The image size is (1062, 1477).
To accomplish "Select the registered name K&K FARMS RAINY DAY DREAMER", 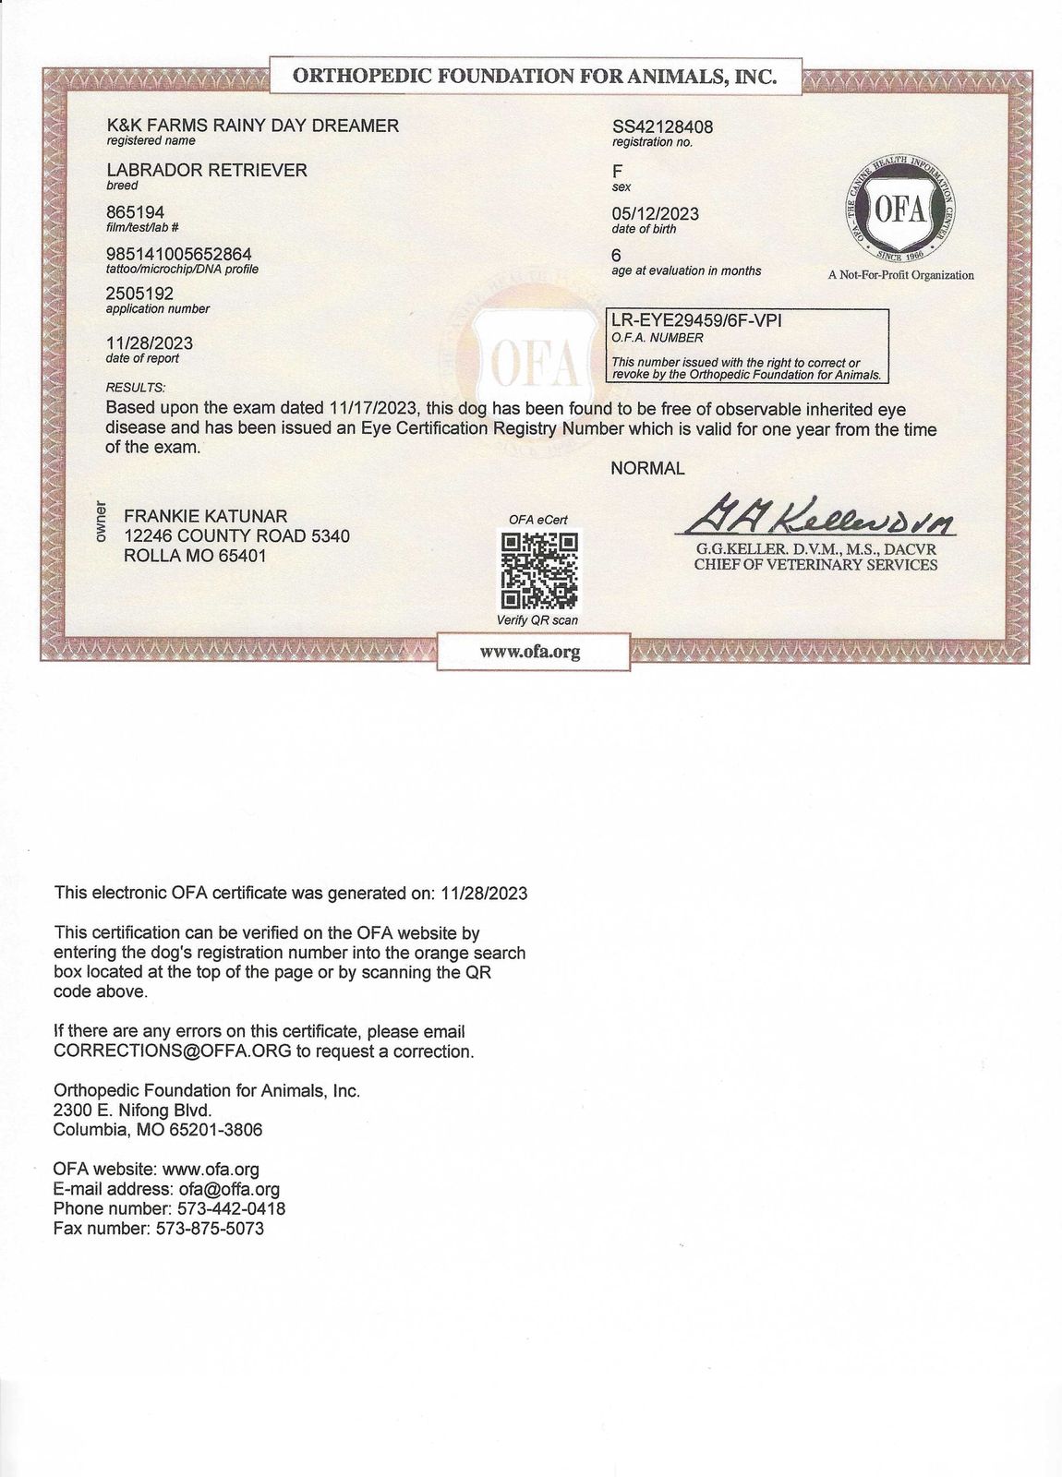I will [x=253, y=126].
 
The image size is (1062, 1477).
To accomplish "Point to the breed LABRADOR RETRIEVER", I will [x=207, y=170].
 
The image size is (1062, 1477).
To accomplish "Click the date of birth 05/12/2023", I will [x=655, y=213].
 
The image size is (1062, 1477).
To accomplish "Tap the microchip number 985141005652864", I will [x=179, y=254].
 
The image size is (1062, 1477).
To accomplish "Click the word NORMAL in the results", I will [x=647, y=468].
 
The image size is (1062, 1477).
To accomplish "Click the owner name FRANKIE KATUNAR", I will [x=205, y=515].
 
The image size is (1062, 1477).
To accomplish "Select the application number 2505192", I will [x=139, y=294].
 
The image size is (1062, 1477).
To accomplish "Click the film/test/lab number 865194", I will [x=136, y=212].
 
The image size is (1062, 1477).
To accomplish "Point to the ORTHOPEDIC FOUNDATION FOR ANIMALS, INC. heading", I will [x=534, y=77].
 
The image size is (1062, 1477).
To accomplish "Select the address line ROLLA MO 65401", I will [x=195, y=556].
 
